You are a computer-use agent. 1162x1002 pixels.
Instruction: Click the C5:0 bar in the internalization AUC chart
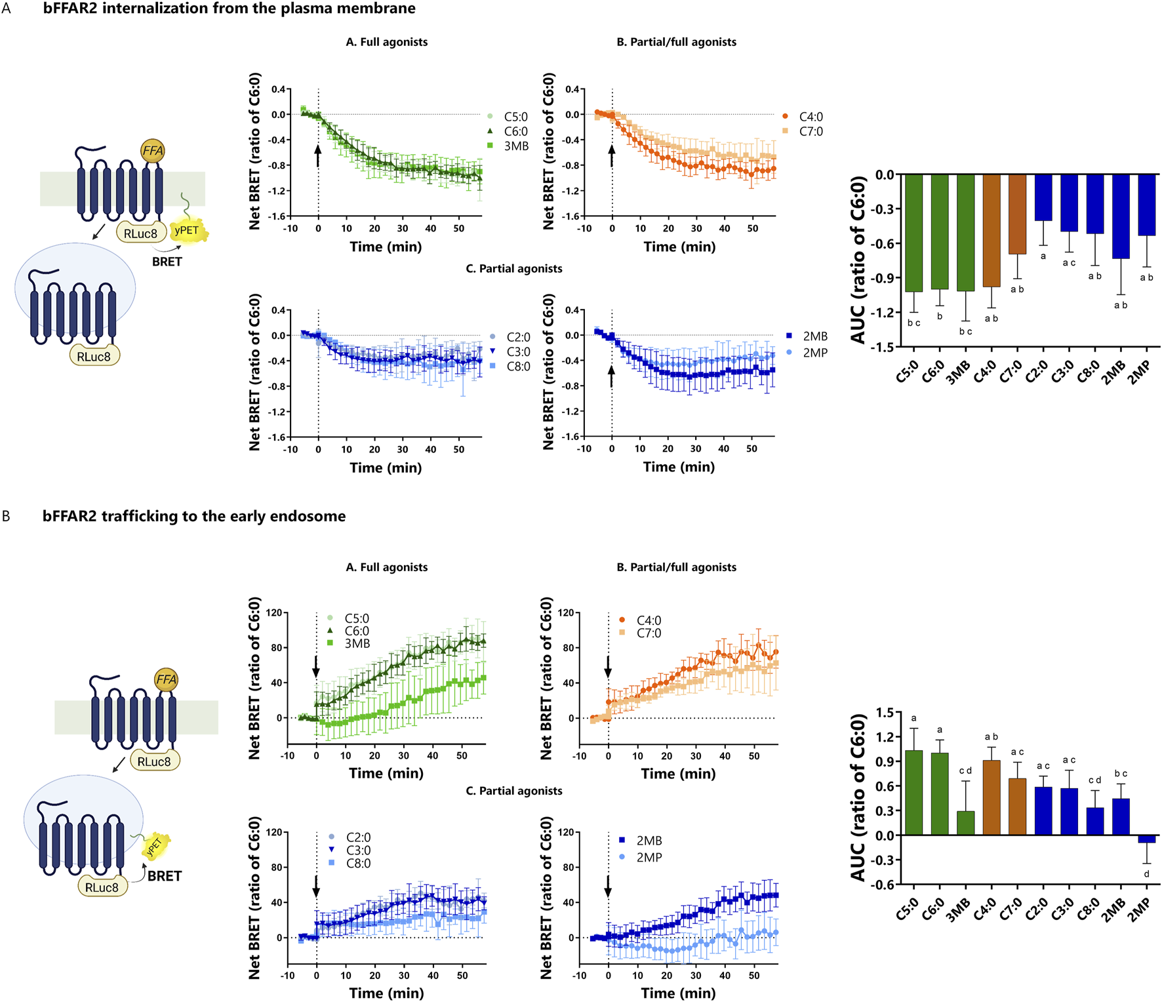click(913, 233)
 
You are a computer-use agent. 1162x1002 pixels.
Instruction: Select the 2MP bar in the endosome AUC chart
click(1146, 839)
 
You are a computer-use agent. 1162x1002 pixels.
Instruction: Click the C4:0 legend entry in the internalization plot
click(811, 117)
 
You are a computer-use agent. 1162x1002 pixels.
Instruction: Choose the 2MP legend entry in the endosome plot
click(649, 857)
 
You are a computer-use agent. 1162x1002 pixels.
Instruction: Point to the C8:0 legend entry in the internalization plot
click(518, 367)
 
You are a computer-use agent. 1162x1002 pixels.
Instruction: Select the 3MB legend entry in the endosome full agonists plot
click(357, 643)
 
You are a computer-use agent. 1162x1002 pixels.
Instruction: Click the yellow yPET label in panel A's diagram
click(187, 231)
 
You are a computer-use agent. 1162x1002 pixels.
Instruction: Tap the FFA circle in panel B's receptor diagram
click(166, 679)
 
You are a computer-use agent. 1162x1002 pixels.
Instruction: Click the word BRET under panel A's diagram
click(167, 262)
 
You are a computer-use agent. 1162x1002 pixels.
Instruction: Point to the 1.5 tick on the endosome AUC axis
click(885, 712)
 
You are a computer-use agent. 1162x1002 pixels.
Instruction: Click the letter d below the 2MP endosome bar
click(1146, 874)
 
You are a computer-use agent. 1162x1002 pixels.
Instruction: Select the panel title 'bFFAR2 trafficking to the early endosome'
click(194, 516)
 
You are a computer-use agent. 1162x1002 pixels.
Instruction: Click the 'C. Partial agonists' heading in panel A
click(513, 269)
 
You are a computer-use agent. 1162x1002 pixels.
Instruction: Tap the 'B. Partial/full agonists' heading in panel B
click(676, 567)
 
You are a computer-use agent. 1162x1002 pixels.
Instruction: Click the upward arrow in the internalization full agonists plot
click(318, 155)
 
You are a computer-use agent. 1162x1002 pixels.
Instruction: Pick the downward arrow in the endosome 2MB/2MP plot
click(608, 887)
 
